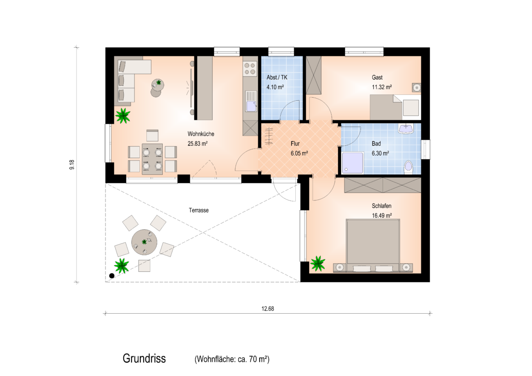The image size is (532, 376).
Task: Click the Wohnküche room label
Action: pyautogui.click(x=201, y=134)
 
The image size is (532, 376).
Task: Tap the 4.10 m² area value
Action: pyautogui.click(x=275, y=87)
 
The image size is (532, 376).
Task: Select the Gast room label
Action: pyautogui.click(x=377, y=77)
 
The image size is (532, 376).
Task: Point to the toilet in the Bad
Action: pyautogui.click(x=408, y=167)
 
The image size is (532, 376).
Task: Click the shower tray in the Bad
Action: pyautogui.click(x=353, y=163)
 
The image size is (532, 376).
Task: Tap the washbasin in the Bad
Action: pyautogui.click(x=406, y=128)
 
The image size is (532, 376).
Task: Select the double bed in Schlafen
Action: pyautogui.click(x=373, y=245)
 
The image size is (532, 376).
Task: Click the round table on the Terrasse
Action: pyautogui.click(x=144, y=242)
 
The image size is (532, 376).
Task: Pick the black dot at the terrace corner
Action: pyautogui.click(x=111, y=276)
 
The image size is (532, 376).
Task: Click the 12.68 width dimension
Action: pyautogui.click(x=268, y=309)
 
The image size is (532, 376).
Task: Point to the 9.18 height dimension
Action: pyautogui.click(x=72, y=165)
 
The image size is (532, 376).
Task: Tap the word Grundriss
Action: pyautogui.click(x=144, y=359)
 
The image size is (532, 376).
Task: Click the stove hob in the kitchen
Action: pyautogui.click(x=250, y=68)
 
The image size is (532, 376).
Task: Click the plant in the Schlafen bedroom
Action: pyautogui.click(x=318, y=263)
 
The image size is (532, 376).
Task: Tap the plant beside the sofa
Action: pyautogui.click(x=123, y=116)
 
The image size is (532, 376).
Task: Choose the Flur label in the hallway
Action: pyautogui.click(x=295, y=144)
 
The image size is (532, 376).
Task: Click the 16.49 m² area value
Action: pyautogui.click(x=382, y=216)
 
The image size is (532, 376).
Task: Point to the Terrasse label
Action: pyautogui.click(x=199, y=210)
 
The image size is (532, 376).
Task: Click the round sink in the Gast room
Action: pyautogui.click(x=416, y=88)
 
